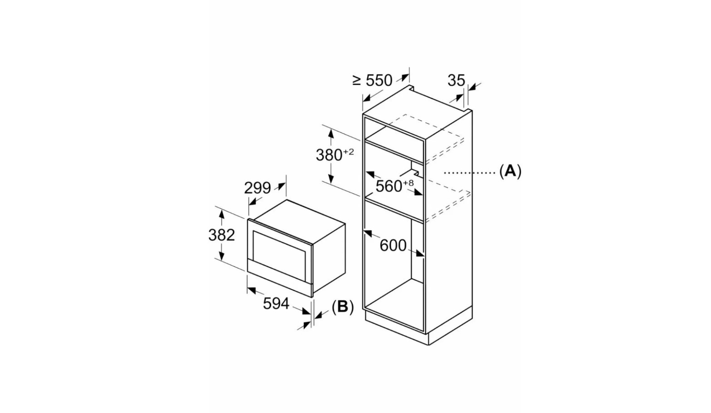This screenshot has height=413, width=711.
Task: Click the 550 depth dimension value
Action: coord(379,81)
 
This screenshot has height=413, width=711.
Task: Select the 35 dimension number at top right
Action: coord(456,81)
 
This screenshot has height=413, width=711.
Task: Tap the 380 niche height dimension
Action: coord(329,155)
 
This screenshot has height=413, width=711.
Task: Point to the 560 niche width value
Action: coord(389,186)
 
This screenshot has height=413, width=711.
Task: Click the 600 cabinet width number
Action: coord(393,246)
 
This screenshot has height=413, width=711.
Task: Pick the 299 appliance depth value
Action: coord(257,187)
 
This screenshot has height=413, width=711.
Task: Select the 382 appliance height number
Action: coord(222,235)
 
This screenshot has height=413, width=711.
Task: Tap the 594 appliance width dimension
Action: coord(276,303)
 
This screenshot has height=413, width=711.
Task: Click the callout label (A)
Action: coord(510,171)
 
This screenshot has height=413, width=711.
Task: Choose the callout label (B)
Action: coord(342,307)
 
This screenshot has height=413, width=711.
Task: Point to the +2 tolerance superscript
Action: coord(348,152)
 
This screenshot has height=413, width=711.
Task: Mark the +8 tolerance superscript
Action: coord(408,183)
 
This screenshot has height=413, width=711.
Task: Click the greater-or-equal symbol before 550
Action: coord(357,81)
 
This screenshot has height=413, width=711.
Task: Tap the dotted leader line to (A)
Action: coord(470,172)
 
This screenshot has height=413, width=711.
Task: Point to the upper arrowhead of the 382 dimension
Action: coord(221,213)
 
